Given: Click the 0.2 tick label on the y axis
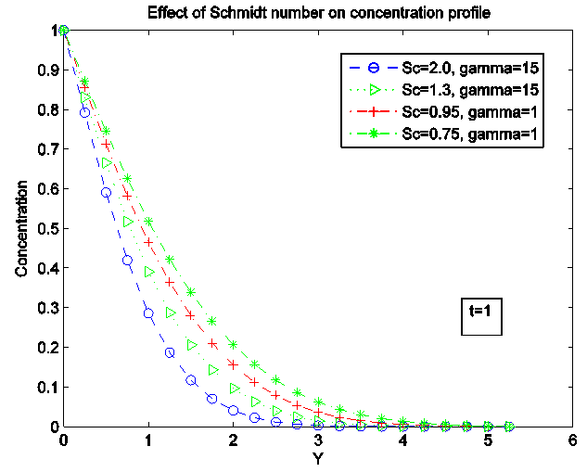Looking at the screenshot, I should click(48, 347).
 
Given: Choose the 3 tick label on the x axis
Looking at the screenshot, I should click(318, 440).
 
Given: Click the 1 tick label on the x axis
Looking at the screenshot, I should click(148, 440).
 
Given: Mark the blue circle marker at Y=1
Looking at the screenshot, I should click(148, 313).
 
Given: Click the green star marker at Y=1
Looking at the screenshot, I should click(148, 222).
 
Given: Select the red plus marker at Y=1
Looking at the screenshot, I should click(148, 242).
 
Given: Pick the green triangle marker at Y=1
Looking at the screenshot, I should click(148, 272).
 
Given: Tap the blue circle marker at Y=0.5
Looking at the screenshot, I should click(106, 193).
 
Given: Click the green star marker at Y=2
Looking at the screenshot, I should click(234, 344).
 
